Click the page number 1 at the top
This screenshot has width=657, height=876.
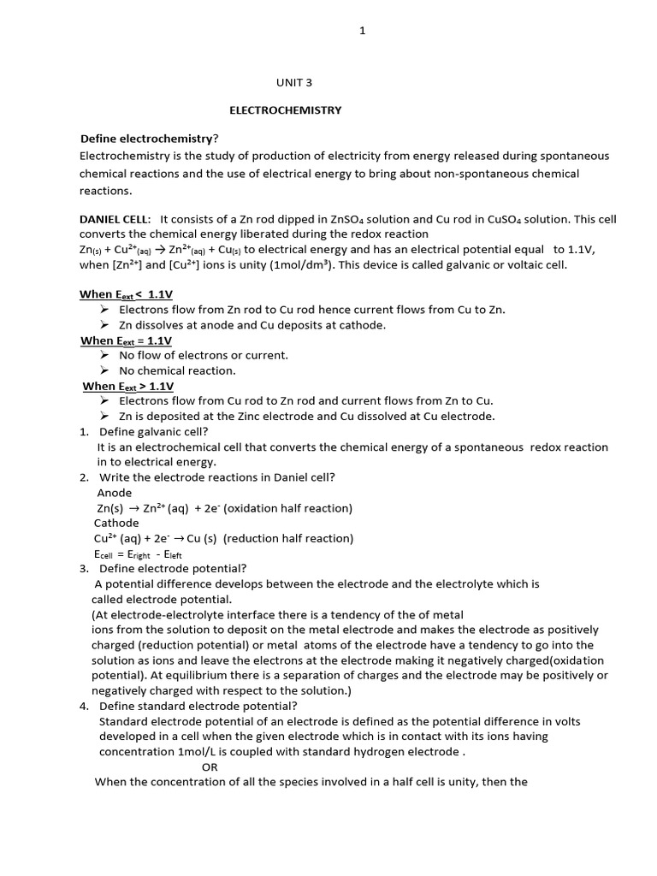[x=362, y=32]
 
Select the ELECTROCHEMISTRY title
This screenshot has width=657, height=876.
[x=285, y=110]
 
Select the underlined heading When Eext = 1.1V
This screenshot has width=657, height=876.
[x=127, y=340]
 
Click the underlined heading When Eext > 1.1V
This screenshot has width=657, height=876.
[x=128, y=386]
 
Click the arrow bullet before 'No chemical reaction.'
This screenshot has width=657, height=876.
[x=104, y=370]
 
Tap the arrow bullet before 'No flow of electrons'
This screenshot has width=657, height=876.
[x=104, y=355]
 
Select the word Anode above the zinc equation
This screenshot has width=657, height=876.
[x=115, y=493]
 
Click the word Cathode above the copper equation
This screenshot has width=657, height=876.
[x=116, y=523]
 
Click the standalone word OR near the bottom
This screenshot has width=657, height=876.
[x=210, y=766]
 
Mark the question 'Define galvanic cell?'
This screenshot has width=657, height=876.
[x=154, y=431]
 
